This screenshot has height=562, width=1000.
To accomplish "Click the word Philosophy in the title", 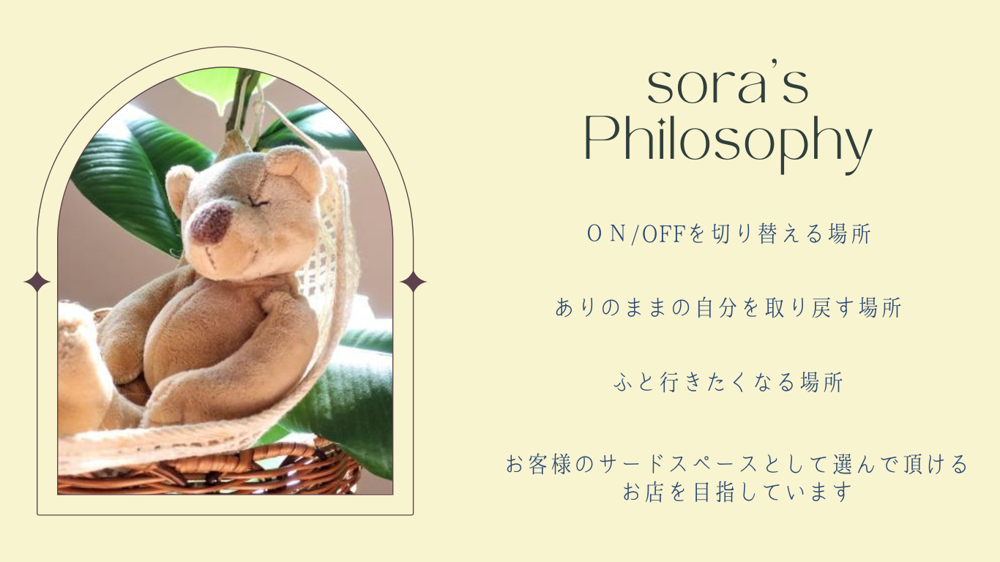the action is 728,143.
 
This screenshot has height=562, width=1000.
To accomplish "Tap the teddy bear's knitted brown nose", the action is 211,222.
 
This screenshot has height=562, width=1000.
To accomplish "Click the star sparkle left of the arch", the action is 37,282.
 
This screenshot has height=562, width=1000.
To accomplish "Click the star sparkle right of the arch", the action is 413,282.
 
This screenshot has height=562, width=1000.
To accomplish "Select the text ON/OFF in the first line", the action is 635,234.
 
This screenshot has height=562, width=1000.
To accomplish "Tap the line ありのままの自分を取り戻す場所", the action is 728,308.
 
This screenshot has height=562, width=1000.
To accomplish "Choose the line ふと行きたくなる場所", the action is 728,383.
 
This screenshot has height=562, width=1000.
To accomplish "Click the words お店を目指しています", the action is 737,492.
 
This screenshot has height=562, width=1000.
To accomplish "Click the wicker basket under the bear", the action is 210,469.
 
